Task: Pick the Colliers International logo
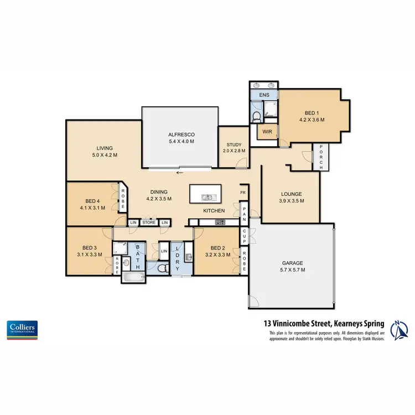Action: [x=22, y=329]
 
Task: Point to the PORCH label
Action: [x=320, y=157]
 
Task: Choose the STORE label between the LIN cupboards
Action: [x=148, y=222]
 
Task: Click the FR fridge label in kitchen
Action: [x=242, y=193]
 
